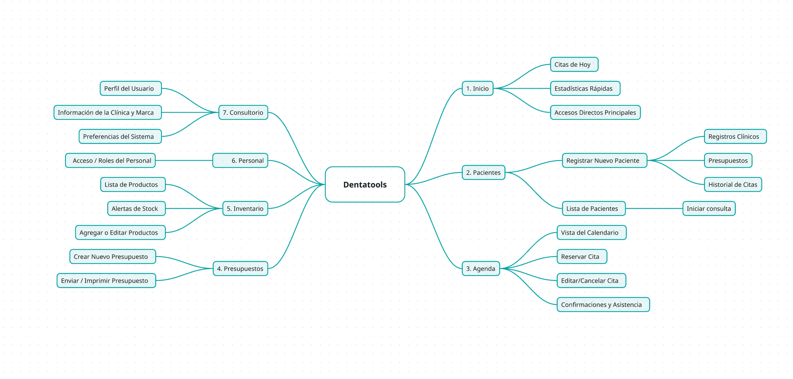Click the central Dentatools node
pyautogui.click(x=365, y=184)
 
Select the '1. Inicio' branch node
pyautogui.click(x=477, y=88)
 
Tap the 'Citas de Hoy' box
pyautogui.click(x=574, y=64)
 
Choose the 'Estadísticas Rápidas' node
pyautogui.click(x=585, y=88)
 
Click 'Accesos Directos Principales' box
pyautogui.click(x=595, y=112)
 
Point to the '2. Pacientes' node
pyautogui.click(x=483, y=172)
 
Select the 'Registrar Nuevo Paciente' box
pyautogui.click(x=604, y=160)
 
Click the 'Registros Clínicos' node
pyautogui.click(x=735, y=136)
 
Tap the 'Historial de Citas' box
pyautogui.click(x=733, y=184)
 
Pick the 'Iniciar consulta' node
pyautogui.click(x=709, y=208)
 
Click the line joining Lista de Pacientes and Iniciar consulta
pyautogui.click(x=654, y=208)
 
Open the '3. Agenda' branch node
pyautogui.click(x=481, y=268)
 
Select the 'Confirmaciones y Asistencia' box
pyautogui.click(x=603, y=304)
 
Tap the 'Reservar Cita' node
pyautogui.click(x=582, y=256)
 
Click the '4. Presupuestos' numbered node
pyautogui.click(x=240, y=268)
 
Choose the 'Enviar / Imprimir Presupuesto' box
pyautogui.click(x=106, y=280)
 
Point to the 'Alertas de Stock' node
pyautogui.click(x=136, y=208)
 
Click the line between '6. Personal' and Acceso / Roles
pyautogui.click(x=184, y=160)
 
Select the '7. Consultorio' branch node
pyautogui.click(x=243, y=112)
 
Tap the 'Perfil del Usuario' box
pyautogui.click(x=130, y=88)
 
